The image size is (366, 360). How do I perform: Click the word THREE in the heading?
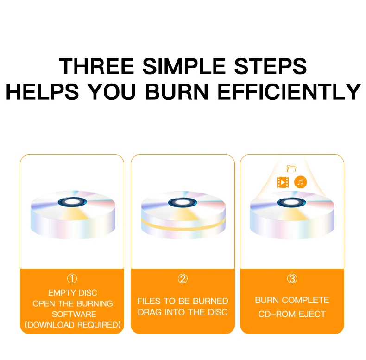[x=97, y=66]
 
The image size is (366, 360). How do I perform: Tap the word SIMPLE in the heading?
[x=184, y=66]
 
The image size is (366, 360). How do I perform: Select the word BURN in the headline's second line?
[x=177, y=92]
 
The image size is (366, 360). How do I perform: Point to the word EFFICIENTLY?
[x=289, y=92]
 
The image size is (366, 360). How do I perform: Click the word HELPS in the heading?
[x=43, y=92]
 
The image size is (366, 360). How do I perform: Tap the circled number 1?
[x=72, y=279]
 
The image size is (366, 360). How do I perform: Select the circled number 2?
[x=183, y=279]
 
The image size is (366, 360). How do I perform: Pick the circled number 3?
[x=292, y=279]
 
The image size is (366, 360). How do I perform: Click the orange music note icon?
[x=301, y=182]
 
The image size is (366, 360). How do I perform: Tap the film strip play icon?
[x=283, y=182]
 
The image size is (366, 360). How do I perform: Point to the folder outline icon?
[x=291, y=168]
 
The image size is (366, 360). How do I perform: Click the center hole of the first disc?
[x=72, y=202]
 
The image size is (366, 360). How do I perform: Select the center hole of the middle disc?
[x=183, y=202]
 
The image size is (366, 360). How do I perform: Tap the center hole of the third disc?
[x=291, y=202]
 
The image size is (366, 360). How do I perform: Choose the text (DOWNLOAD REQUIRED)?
[x=73, y=325]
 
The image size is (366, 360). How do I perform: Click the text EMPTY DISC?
[x=73, y=293]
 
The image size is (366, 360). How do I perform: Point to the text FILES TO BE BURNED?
[x=183, y=301]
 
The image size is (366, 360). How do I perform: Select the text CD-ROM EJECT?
[x=292, y=314]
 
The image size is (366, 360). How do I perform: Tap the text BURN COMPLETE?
[x=292, y=300]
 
